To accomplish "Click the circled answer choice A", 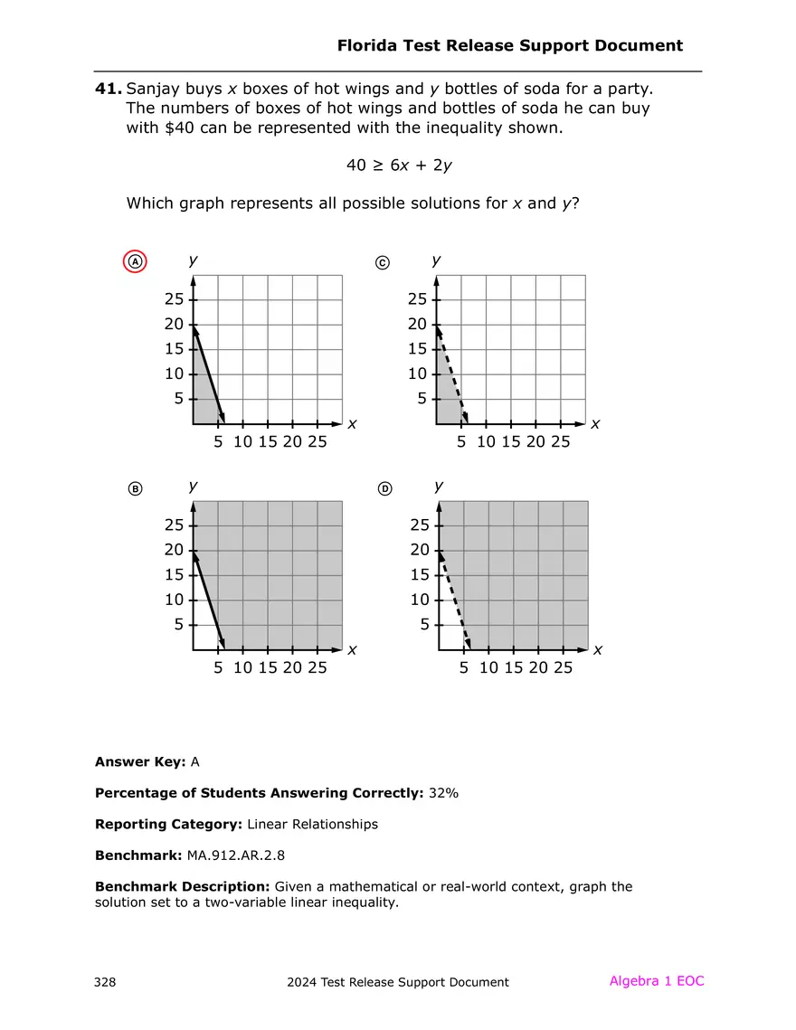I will click(x=135, y=262).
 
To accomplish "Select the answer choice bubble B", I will click(x=135, y=489).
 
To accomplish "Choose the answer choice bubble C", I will click(x=382, y=262).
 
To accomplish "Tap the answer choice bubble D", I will click(x=384, y=489).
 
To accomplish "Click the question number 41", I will click(x=108, y=89).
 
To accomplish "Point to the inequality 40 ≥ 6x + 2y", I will click(x=399, y=165).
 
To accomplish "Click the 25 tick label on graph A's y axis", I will click(x=174, y=299).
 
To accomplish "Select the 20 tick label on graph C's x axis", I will click(x=535, y=442).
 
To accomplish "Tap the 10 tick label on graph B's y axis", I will click(x=174, y=600).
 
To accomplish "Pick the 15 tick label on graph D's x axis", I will click(x=513, y=668).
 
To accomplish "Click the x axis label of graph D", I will click(x=597, y=650).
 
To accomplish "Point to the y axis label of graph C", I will click(x=437, y=260).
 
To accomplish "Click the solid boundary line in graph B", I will click(x=209, y=600).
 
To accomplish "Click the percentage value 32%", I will click(x=444, y=793).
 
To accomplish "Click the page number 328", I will click(x=105, y=982).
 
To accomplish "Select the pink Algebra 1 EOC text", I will click(x=656, y=981).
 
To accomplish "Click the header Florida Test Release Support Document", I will click(x=509, y=45).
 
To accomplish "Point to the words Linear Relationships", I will click(x=312, y=824).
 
